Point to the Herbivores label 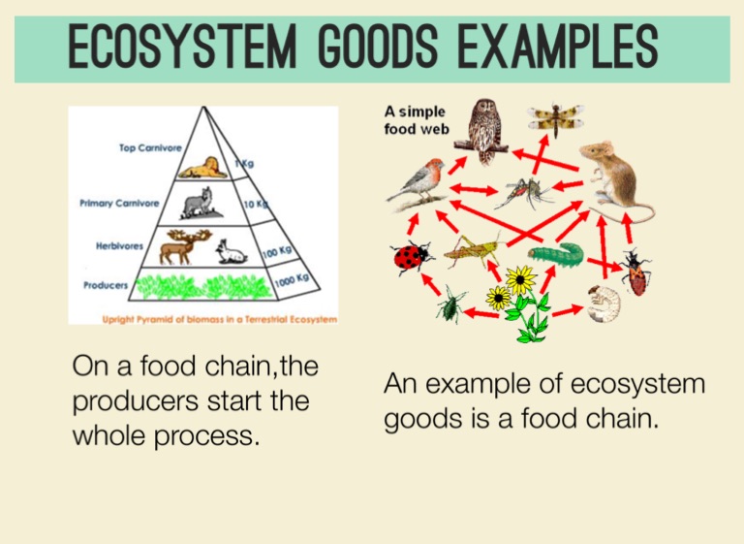[120, 246]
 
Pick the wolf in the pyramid [199, 203]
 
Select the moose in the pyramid [178, 246]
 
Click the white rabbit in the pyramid [231, 252]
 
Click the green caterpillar [555, 255]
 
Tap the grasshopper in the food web [472, 251]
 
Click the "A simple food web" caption [416, 120]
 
